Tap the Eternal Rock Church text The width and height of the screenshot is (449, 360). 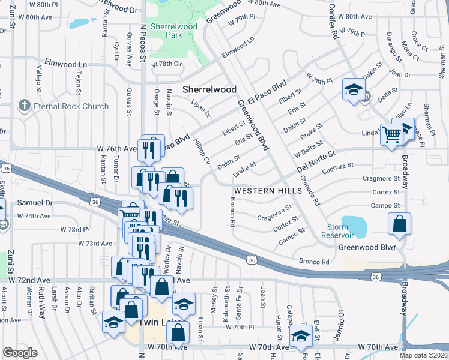click(x=71, y=106)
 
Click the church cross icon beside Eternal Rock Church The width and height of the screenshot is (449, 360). click(x=25, y=106)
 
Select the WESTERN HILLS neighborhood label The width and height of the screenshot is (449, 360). click(x=263, y=190)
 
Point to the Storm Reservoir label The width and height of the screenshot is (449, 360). click(x=346, y=231)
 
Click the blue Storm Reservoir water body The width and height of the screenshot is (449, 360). click(x=355, y=224)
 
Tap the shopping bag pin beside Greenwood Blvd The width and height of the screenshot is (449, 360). click(x=400, y=225)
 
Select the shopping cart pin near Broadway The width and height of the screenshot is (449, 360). click(x=392, y=134)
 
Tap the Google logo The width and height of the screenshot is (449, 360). click(x=20, y=353)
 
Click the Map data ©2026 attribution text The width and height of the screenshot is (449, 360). click(x=423, y=355)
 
